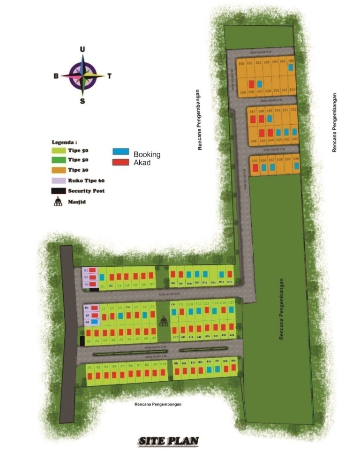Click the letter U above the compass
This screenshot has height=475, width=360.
pyautogui.click(x=82, y=49)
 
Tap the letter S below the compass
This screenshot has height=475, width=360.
pyautogui.click(x=82, y=101)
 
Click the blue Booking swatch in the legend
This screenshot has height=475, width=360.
pyautogui.click(x=121, y=152)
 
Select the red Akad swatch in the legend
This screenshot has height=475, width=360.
pyautogui.click(x=121, y=162)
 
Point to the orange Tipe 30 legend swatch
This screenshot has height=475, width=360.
pyautogui.click(x=58, y=170)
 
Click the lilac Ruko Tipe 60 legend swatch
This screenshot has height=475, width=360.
pyautogui.click(x=58, y=181)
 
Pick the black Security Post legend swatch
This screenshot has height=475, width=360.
pyautogui.click(x=58, y=191)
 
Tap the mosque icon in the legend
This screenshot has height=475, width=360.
pyautogui.click(x=58, y=201)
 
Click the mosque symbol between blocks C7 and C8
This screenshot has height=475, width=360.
pyautogui.click(x=163, y=321)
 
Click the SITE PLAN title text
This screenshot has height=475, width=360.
pyautogui.click(x=169, y=441)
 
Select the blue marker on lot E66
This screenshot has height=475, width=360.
pyautogui.click(x=291, y=68)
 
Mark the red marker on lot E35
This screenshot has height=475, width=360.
pyautogui.click(x=255, y=167)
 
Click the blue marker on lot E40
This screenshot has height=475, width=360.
pyautogui.click(x=296, y=166)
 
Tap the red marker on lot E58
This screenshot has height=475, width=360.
pyautogui.click(x=251, y=84)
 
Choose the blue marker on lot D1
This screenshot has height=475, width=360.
pyautogui.click(x=102, y=277)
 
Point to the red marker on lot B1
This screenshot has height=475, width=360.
pyautogui.click(x=90, y=375)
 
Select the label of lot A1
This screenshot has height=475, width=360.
pyautogui.click(x=89, y=340)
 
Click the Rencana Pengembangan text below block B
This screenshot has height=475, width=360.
pyautogui.click(x=157, y=404)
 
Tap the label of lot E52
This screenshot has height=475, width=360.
pyautogui.click(x=294, y=110)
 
